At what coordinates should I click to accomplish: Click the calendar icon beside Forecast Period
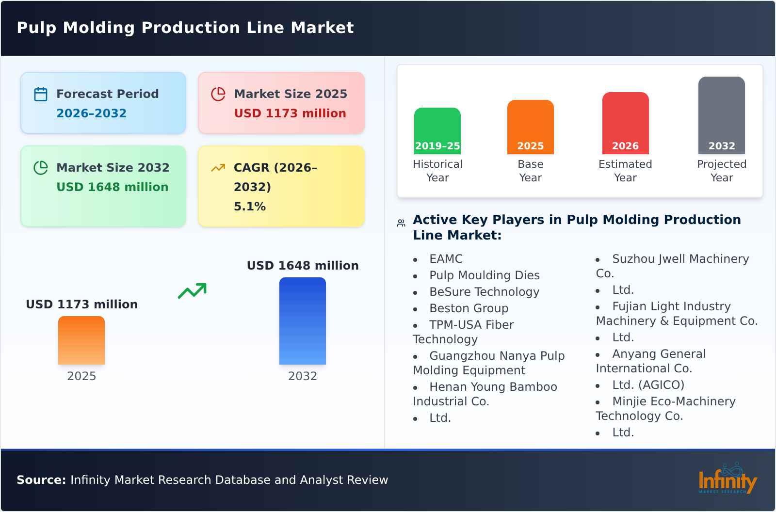(x=41, y=94)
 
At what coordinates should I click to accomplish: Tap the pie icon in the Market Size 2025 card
(x=218, y=94)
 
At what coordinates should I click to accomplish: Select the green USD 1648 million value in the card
(x=113, y=187)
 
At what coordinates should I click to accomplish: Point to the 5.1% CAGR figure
(x=249, y=206)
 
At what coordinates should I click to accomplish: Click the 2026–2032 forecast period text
(x=91, y=113)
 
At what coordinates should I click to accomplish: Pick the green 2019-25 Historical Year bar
(x=437, y=130)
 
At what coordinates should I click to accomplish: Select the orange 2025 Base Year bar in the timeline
(x=530, y=127)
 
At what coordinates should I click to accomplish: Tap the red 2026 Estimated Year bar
(x=625, y=123)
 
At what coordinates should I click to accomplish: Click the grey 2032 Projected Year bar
(x=721, y=115)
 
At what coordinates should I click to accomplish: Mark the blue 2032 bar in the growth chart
(x=302, y=320)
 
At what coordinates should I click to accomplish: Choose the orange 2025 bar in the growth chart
(x=81, y=340)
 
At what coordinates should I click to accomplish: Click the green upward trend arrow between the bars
(x=192, y=291)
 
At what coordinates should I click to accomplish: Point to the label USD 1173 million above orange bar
(x=81, y=304)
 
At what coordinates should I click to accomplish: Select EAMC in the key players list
(x=446, y=258)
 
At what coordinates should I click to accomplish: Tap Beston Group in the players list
(x=469, y=308)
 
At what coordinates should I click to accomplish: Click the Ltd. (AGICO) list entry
(x=648, y=384)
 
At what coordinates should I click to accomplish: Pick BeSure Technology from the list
(x=484, y=291)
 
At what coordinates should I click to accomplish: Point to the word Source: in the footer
(x=41, y=480)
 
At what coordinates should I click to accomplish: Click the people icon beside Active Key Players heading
(x=401, y=223)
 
